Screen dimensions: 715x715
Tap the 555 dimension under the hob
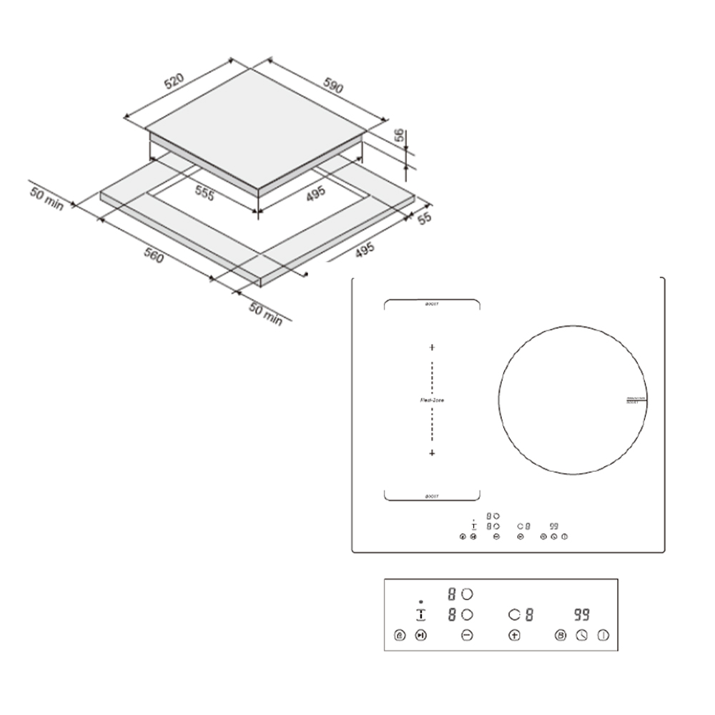[204, 194]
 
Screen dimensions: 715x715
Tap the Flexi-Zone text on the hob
[432, 400]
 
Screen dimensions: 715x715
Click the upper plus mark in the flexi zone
[432, 347]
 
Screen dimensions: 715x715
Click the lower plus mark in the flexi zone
[432, 454]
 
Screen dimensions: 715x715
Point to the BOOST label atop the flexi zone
[432, 304]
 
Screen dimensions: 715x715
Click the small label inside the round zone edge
[636, 400]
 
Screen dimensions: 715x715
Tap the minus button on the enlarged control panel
[468, 634]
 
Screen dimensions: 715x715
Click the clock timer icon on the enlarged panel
[582, 634]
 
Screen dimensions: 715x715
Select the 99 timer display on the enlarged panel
[581, 614]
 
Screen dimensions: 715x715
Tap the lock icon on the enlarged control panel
[399, 634]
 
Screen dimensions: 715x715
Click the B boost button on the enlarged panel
[561, 634]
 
